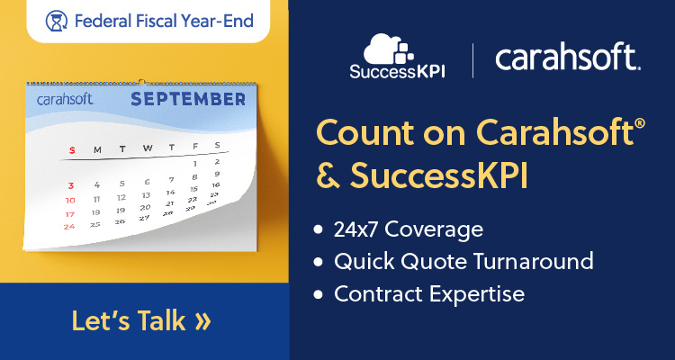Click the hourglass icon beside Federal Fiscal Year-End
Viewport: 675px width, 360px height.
(57, 21)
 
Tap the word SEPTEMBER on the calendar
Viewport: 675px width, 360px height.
(188, 100)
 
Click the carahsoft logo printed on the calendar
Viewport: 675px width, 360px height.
(66, 100)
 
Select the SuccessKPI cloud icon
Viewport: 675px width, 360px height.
(388, 49)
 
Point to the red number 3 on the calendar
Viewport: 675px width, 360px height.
(71, 186)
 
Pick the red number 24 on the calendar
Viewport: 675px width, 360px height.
(69, 227)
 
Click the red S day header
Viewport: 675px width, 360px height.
(72, 150)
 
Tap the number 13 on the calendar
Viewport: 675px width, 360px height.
(147, 195)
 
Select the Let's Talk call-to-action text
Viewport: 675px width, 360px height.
(129, 320)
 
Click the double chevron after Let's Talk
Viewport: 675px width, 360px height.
(203, 321)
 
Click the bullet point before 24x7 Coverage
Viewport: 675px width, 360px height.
(318, 230)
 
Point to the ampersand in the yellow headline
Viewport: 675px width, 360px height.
(328, 175)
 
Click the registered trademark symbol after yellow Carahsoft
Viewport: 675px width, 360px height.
(640, 124)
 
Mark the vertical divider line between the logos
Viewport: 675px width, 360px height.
(472, 60)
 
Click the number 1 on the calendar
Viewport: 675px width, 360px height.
(195, 164)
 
